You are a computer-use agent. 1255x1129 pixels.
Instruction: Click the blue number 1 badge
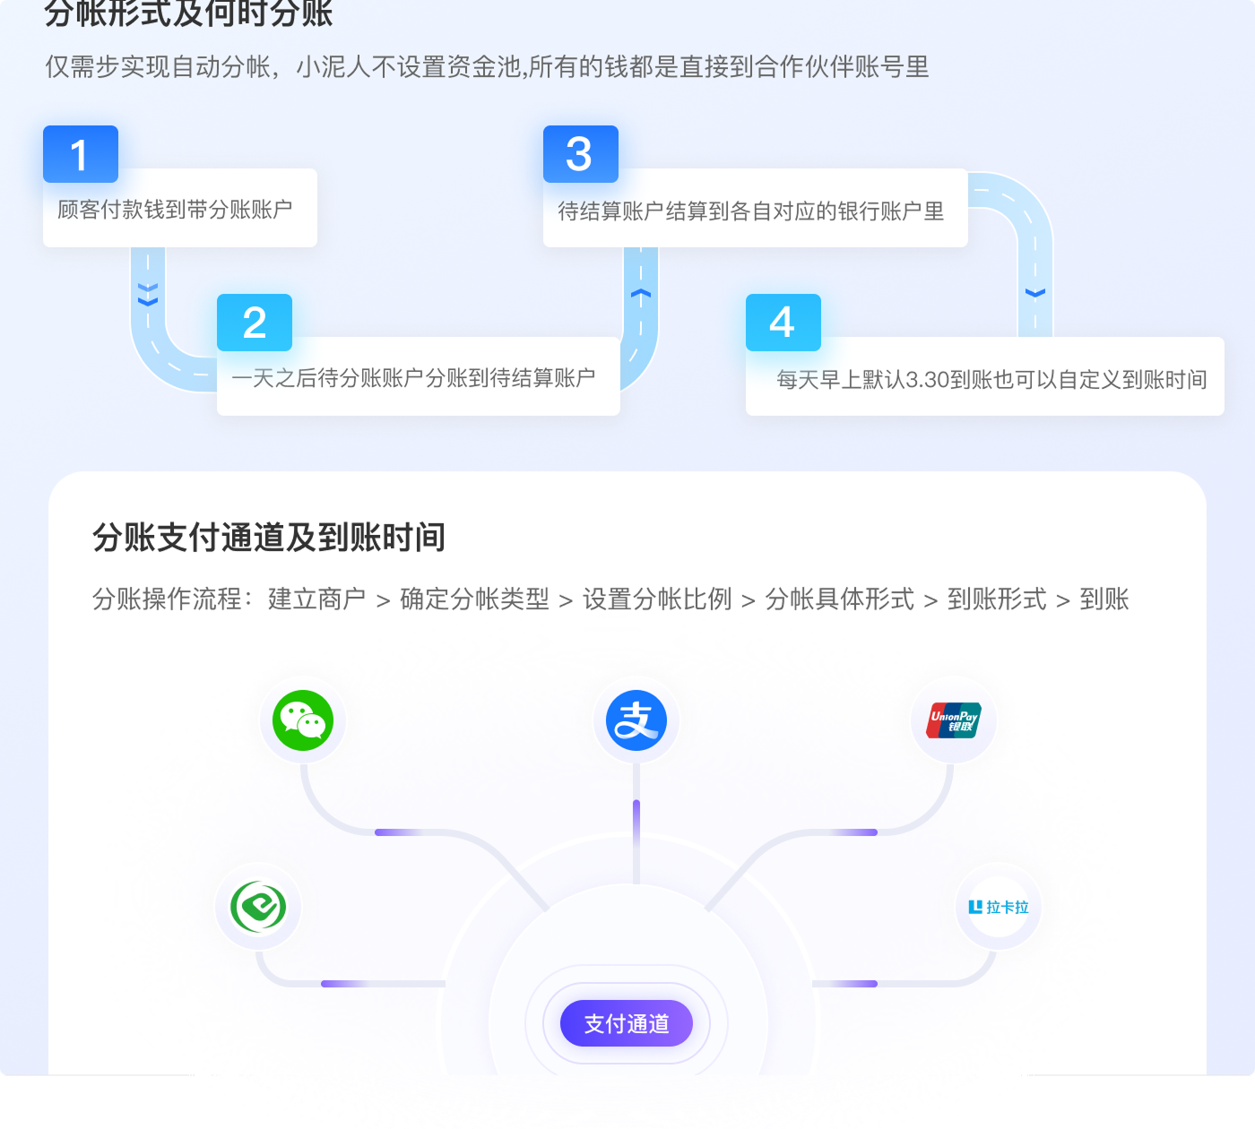(x=81, y=154)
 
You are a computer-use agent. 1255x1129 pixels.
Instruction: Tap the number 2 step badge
(x=255, y=323)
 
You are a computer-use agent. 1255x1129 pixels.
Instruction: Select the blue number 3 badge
(x=580, y=154)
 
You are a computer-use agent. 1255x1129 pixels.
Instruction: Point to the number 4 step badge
(x=783, y=323)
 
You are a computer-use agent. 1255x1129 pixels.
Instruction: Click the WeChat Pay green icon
(x=303, y=720)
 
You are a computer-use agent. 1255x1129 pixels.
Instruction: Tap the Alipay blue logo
(x=636, y=720)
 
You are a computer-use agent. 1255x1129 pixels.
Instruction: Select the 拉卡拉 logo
(x=999, y=907)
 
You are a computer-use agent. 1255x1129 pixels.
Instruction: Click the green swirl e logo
(x=258, y=907)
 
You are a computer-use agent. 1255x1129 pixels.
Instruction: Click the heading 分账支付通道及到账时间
(x=269, y=538)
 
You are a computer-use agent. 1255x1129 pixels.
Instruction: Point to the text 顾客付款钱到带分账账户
(x=175, y=210)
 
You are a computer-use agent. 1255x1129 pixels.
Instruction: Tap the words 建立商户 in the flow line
(x=316, y=599)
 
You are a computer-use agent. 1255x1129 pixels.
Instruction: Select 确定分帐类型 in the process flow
(x=474, y=599)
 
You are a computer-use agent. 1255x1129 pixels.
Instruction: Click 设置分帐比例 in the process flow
(x=657, y=599)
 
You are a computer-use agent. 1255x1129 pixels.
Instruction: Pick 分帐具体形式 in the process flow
(x=840, y=599)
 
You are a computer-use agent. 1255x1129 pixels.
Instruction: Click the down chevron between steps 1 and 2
(x=148, y=295)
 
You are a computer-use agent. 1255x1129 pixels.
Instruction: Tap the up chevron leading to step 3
(x=641, y=293)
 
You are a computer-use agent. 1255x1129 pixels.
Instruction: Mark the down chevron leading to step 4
(x=1035, y=293)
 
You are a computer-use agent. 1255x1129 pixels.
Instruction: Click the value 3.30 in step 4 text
(x=927, y=380)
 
